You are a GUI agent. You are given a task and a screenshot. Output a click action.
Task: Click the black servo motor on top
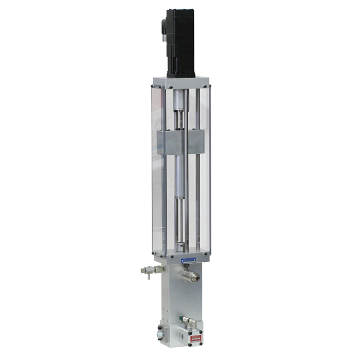pos(181,44)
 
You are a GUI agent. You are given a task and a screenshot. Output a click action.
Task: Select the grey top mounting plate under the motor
pos(181,82)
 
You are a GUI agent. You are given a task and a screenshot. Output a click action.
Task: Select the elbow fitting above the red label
pos(190,321)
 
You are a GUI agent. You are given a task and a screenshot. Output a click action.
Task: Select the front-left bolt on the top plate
pos(159,86)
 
